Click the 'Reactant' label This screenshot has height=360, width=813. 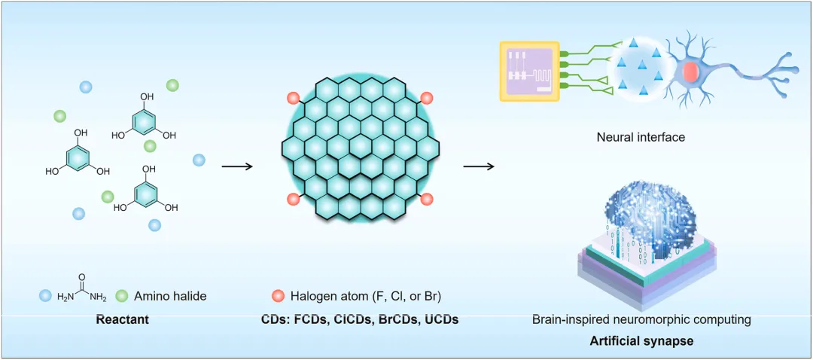pos(122,319)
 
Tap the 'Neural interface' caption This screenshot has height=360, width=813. pos(641,137)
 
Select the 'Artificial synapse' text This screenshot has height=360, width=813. pos(641,341)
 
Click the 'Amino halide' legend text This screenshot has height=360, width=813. pos(170,296)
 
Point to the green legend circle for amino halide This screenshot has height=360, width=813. pos(123,296)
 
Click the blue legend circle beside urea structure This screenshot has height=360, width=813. pos(45,296)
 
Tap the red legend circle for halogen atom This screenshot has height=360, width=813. pos(277,296)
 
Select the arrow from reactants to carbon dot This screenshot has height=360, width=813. pos(237,166)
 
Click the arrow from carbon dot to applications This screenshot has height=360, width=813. pos(478,166)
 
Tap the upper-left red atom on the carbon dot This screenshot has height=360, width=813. pos(294,98)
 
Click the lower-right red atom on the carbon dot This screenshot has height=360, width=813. pos(426,199)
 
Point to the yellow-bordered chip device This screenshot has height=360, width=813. pos(530,72)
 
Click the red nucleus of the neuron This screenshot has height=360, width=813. pos(690,72)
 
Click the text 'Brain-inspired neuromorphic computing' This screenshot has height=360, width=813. pos(641,319)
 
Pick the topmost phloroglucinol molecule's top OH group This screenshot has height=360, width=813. pos(147,96)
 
